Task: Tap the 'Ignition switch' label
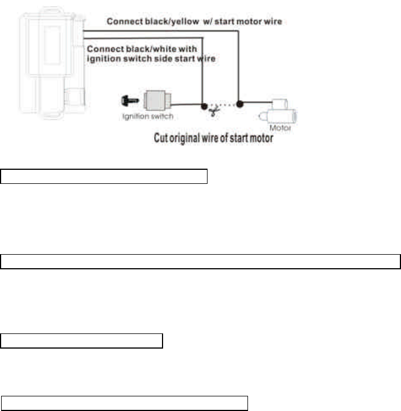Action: tap(148, 117)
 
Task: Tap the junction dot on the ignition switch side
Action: tap(202, 105)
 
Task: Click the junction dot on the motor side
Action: tap(240, 104)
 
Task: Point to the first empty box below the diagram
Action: tap(104, 176)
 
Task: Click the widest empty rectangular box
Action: tap(200, 261)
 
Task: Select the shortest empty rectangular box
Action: tap(82, 341)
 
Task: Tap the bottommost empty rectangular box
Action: tap(124, 403)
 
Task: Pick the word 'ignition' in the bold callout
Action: tap(105, 58)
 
